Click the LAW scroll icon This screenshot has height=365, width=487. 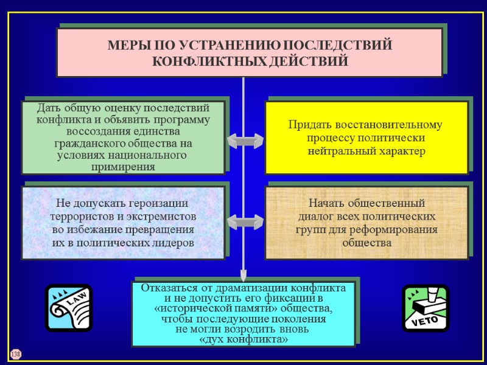click(69, 308)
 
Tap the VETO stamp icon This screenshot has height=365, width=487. click(425, 308)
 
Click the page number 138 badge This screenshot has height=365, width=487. click(15, 354)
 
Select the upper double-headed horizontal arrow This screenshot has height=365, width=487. click(245, 141)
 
